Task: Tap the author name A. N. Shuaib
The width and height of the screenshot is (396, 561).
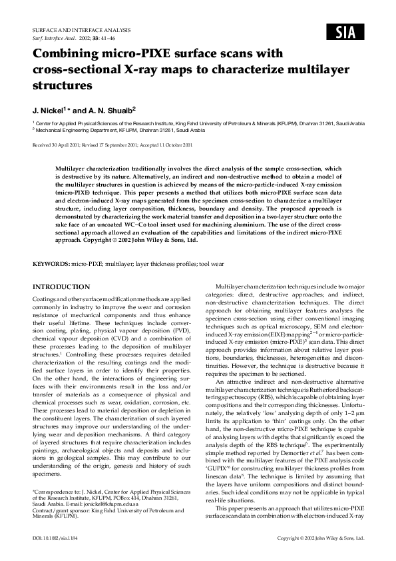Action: click(110, 109)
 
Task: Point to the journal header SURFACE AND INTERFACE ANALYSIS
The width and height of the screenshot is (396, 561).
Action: click(81, 30)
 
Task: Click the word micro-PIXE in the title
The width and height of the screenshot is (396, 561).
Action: click(132, 53)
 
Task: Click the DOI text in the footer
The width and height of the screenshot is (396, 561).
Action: click(57, 536)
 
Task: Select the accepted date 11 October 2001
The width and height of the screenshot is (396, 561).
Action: click(172, 144)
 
